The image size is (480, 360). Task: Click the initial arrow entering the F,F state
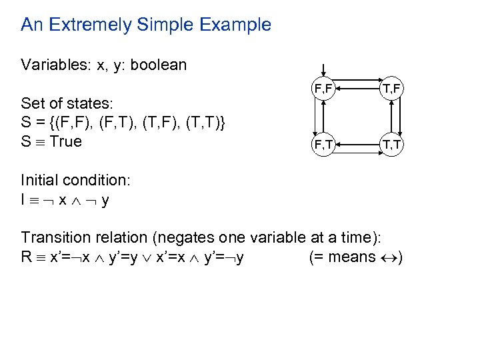[323, 69]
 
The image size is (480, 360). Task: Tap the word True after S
[66, 141]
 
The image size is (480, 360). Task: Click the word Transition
[55, 237]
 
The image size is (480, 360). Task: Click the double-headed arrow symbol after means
[387, 257]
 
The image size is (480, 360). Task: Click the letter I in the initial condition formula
[23, 199]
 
